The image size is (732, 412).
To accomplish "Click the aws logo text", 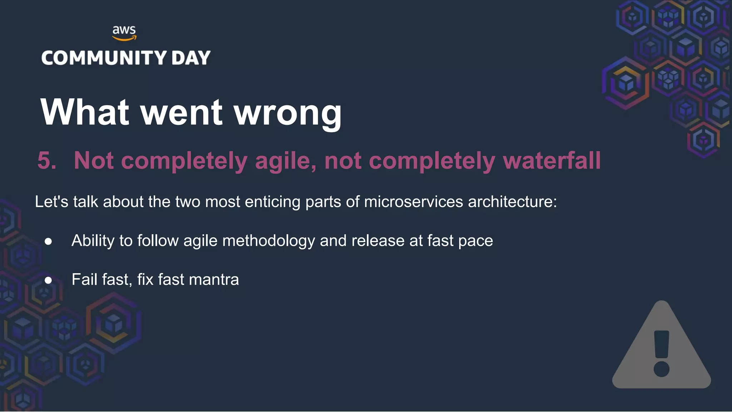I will tap(124, 30).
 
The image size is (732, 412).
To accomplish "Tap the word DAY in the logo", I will tap(191, 58).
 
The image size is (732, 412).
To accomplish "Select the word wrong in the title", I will tap(288, 112).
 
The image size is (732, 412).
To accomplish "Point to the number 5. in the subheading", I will tap(47, 160).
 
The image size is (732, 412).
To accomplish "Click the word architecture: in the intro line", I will tap(512, 202).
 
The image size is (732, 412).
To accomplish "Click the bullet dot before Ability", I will tap(48, 241).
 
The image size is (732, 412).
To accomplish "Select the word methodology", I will tap(268, 241).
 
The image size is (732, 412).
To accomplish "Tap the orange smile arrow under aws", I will tap(124, 38).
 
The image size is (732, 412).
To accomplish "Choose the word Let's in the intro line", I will tap(51, 202).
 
